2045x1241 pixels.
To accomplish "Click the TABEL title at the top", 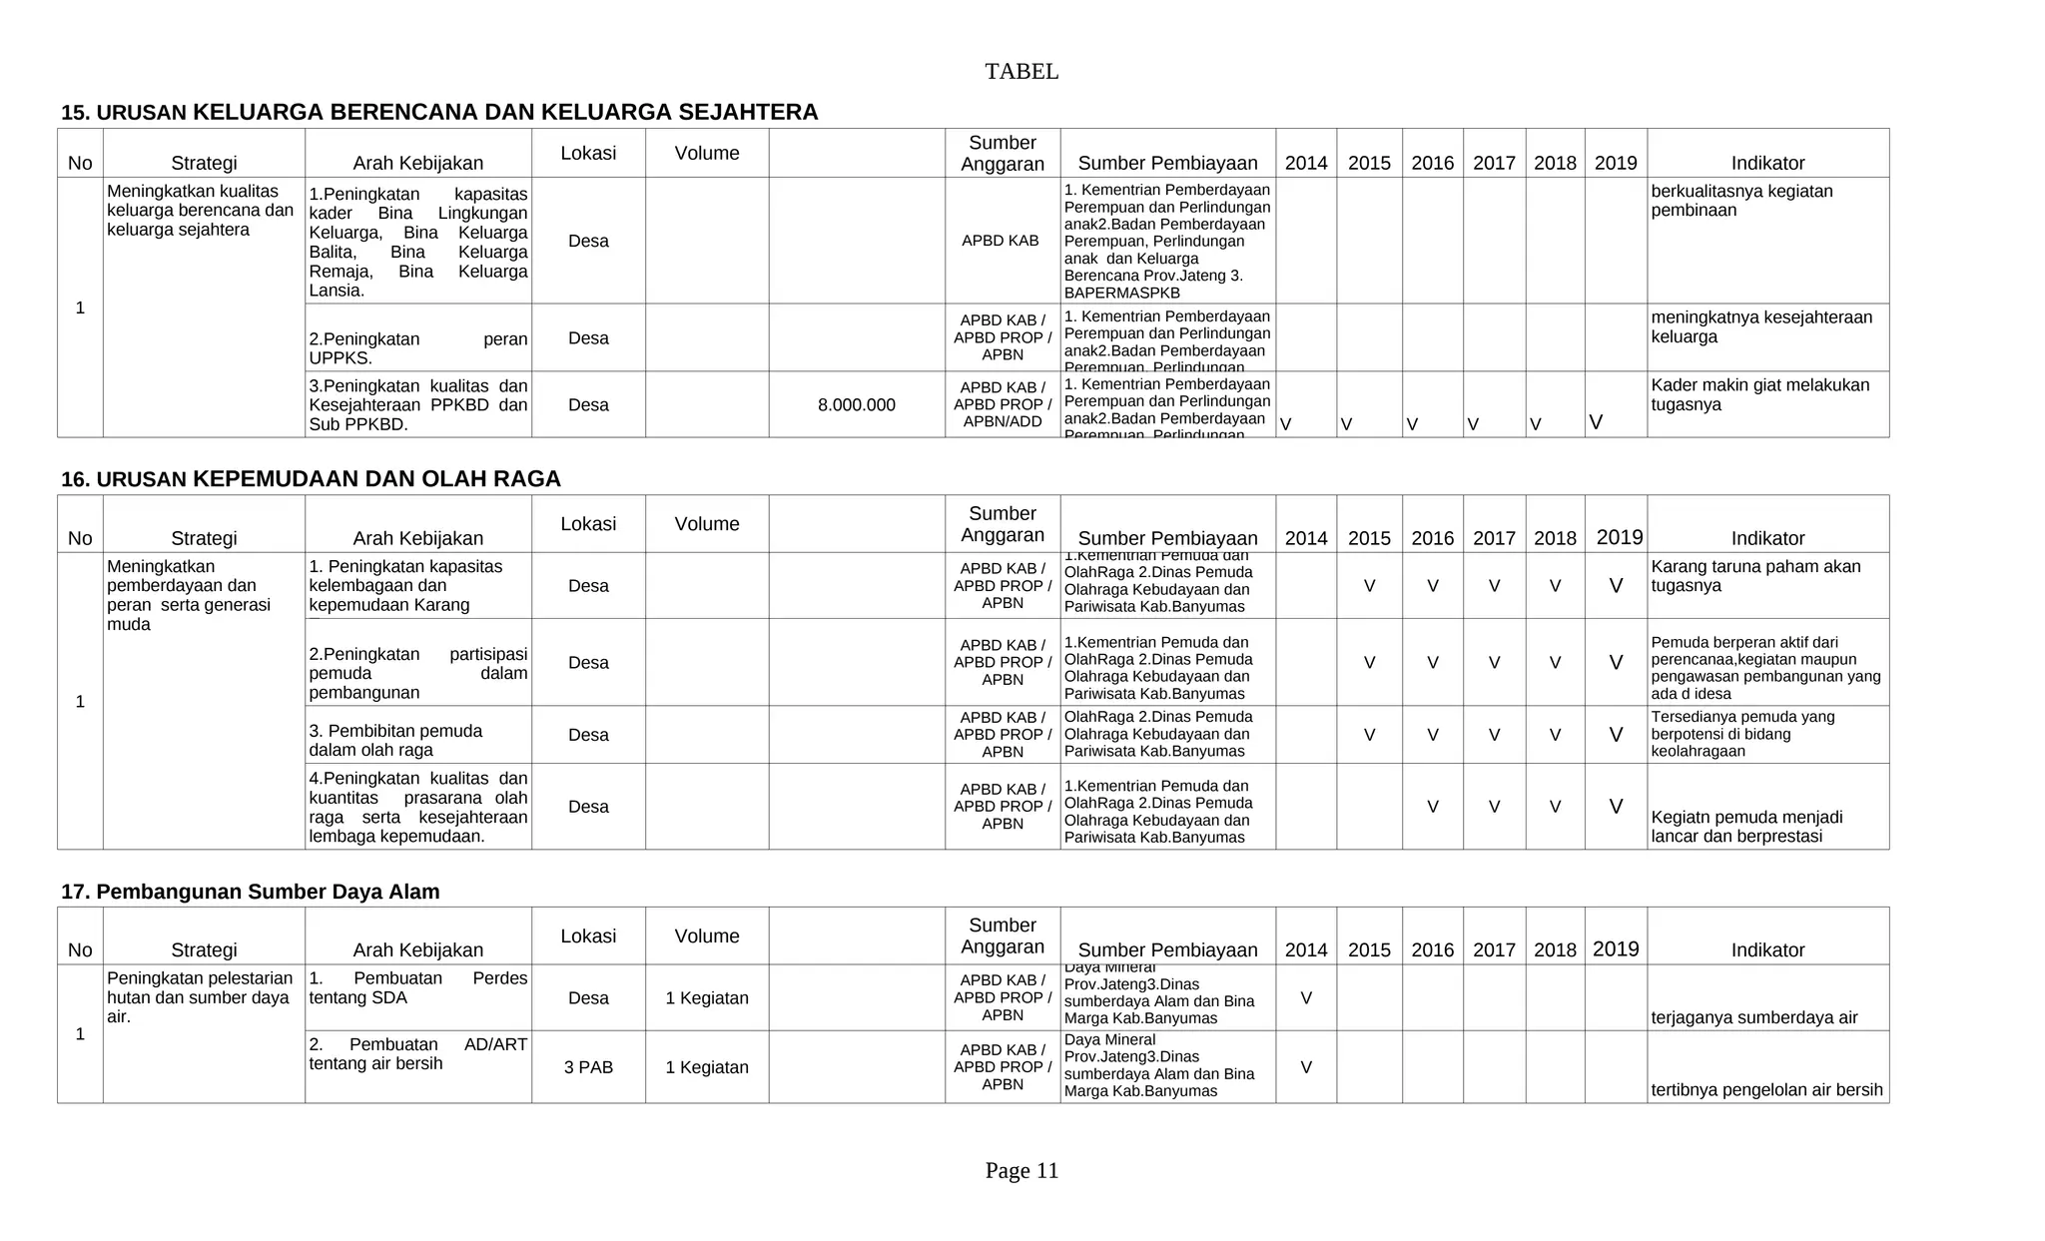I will click(1021, 72).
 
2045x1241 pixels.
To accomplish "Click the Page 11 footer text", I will click(1021, 1170).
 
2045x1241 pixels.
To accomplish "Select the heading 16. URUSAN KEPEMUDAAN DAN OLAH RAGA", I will click(311, 479).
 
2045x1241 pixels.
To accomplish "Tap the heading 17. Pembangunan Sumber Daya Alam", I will click(250, 892).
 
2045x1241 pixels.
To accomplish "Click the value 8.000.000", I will click(856, 405).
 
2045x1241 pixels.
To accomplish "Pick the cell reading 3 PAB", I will click(588, 1067).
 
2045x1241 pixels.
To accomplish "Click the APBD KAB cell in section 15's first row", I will click(1000, 241).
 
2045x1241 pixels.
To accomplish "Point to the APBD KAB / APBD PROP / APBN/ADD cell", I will click(1002, 405).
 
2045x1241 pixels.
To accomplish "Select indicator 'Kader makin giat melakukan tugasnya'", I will click(1759, 395).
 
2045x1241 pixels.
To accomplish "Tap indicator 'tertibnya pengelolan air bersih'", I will click(1766, 1089).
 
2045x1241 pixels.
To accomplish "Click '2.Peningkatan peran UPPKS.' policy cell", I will click(417, 348).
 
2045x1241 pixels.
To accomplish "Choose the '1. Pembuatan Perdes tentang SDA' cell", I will click(417, 987).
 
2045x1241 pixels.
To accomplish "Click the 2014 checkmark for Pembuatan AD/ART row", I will click(1305, 1068).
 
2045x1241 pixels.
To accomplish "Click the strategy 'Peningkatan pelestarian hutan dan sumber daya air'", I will click(200, 996).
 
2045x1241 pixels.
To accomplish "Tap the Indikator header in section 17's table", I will click(1766, 950).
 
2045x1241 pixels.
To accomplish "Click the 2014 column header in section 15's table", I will click(1305, 163).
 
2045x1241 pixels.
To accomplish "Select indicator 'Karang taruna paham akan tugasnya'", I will click(1755, 576).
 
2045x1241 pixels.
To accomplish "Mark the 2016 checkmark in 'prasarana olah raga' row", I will click(1432, 808).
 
